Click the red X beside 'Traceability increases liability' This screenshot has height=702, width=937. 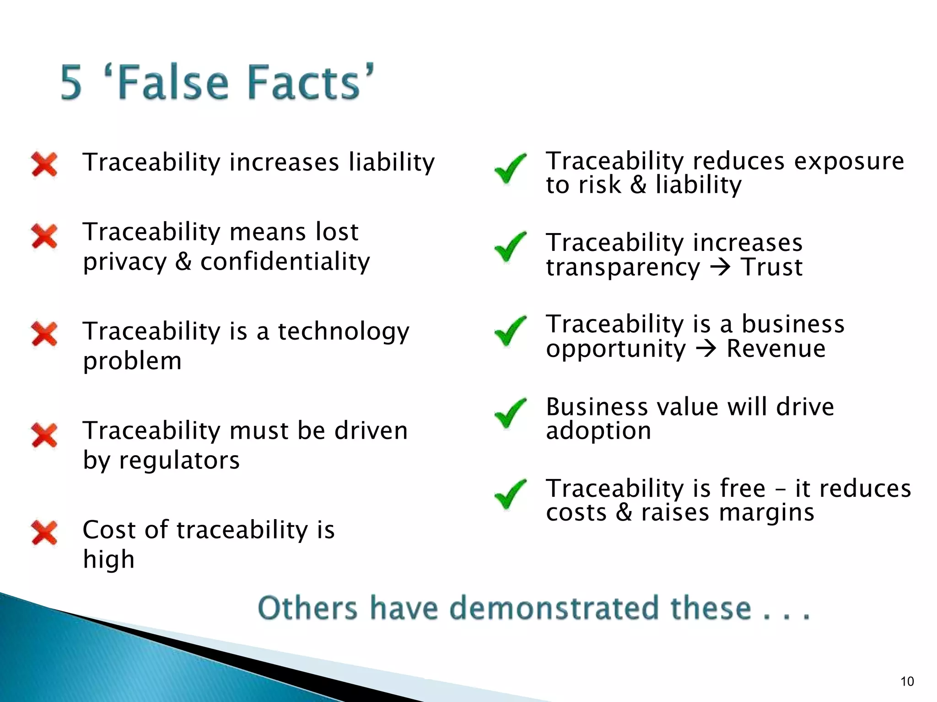tap(44, 164)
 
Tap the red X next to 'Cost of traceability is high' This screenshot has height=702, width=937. tap(44, 533)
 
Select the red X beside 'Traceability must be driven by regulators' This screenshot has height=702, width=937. tap(44, 435)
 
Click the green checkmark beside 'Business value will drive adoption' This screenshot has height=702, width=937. tap(510, 413)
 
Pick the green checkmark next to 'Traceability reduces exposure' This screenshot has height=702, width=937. tap(510, 168)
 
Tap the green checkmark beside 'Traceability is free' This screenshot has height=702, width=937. tap(510, 494)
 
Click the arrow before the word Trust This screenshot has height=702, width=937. tap(721, 267)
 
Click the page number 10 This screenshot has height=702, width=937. tap(907, 681)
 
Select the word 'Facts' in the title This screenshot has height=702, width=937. tap(304, 83)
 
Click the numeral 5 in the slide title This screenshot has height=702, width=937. tap(72, 83)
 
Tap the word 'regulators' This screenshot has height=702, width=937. tap(179, 460)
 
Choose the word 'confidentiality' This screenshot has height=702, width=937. tap(285, 262)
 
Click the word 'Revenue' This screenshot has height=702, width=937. tap(776, 349)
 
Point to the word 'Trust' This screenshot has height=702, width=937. tap(772, 267)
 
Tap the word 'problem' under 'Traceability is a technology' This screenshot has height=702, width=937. tap(132, 362)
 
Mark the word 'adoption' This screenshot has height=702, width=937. tap(598, 431)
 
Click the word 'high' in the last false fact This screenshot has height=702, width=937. tap(109, 559)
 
